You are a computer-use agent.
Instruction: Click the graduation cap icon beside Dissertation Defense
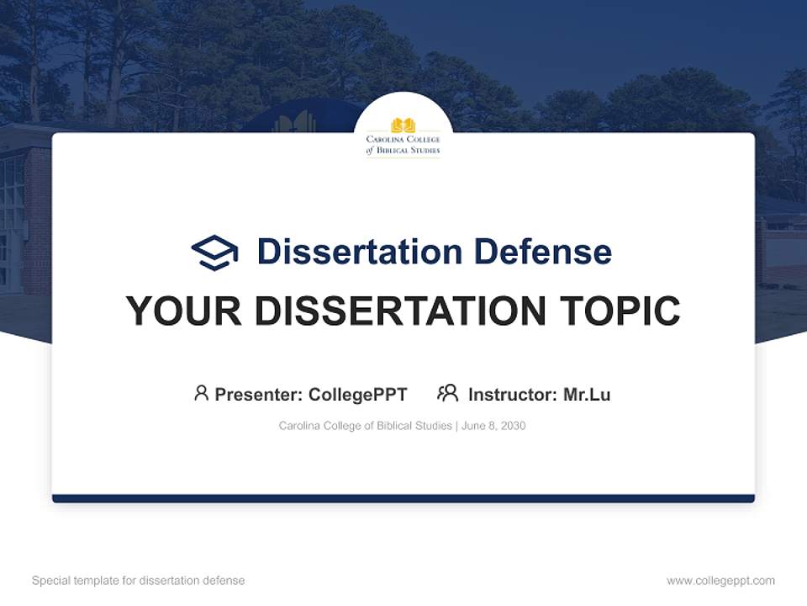pyautogui.click(x=214, y=252)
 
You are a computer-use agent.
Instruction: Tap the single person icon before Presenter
pyautogui.click(x=201, y=393)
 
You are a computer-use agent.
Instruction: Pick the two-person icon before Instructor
pyautogui.click(x=447, y=393)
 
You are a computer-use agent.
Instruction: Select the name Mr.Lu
pyautogui.click(x=587, y=394)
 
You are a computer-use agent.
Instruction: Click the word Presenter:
pyautogui.click(x=259, y=394)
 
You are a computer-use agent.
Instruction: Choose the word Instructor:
pyautogui.click(x=513, y=394)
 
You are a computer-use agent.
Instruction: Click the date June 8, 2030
pyautogui.click(x=494, y=426)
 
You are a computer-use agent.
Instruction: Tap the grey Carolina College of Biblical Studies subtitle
pyautogui.click(x=365, y=426)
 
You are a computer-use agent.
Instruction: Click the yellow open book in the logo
pyautogui.click(x=403, y=125)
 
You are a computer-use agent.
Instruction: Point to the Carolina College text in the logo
pyautogui.click(x=403, y=140)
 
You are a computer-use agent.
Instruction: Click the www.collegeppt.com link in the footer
pyautogui.click(x=720, y=581)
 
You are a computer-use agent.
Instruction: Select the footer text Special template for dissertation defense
pyautogui.click(x=139, y=581)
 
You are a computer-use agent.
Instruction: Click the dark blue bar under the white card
pyautogui.click(x=403, y=498)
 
